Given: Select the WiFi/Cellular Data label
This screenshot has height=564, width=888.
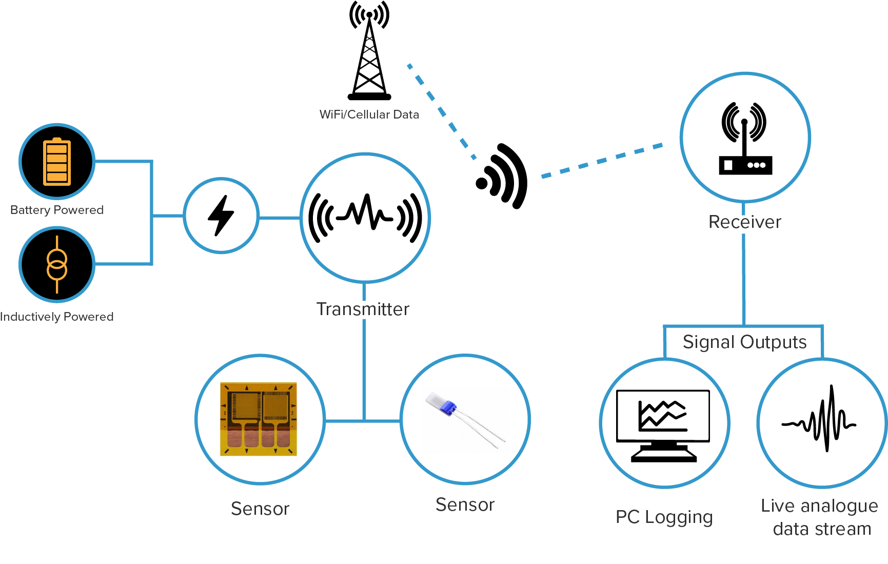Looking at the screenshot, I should pyautogui.click(x=369, y=114).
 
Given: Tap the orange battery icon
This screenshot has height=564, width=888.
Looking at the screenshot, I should pyautogui.click(x=57, y=162).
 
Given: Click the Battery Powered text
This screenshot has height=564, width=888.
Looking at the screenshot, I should pyautogui.click(x=57, y=210).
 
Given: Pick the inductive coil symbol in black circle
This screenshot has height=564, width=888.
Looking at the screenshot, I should pyautogui.click(x=57, y=265).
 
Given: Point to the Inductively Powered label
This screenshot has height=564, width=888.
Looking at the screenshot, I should pyautogui.click(x=57, y=317).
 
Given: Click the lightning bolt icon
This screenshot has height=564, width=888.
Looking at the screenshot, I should pyautogui.click(x=221, y=216).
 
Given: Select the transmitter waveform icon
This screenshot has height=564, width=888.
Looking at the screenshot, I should pyautogui.click(x=365, y=217).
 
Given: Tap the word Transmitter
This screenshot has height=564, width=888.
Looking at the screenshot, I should pyautogui.click(x=363, y=309).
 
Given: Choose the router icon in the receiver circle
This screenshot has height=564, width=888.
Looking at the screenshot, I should pyautogui.click(x=745, y=139).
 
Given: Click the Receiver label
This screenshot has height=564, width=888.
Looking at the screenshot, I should pyautogui.click(x=744, y=222).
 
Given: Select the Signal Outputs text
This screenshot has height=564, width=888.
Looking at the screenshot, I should pyautogui.click(x=744, y=342).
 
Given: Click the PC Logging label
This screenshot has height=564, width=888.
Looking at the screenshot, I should pyautogui.click(x=664, y=517).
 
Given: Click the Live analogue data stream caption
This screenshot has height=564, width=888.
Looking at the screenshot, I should pyautogui.click(x=820, y=517).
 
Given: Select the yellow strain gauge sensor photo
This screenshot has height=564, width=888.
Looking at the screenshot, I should pyautogui.click(x=259, y=419).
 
